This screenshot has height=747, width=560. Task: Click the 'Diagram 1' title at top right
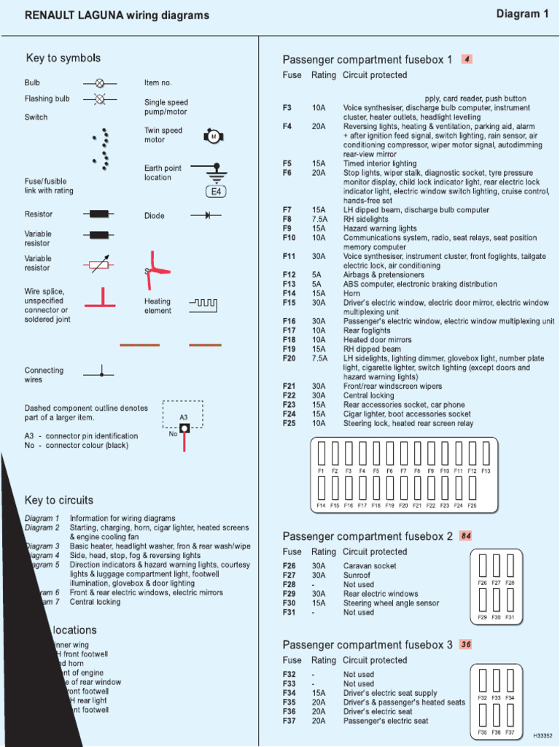tap(522, 14)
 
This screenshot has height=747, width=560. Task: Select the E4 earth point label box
tap(217, 192)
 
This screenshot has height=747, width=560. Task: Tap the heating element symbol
tap(203, 302)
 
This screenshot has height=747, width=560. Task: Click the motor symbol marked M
tap(214, 136)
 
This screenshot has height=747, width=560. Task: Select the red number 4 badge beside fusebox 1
tap(467, 59)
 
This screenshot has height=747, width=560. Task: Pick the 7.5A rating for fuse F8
tap(319, 220)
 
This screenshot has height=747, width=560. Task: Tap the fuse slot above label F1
tap(321, 454)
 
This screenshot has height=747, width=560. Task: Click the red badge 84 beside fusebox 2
tap(466, 536)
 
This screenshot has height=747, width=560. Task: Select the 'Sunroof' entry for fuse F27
tap(358, 576)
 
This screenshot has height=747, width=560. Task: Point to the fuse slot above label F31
tap(510, 600)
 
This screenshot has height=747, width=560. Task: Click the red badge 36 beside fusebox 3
tap(466, 645)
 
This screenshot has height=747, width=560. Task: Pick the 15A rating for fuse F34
tap(319, 693)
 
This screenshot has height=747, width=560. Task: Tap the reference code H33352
tap(543, 736)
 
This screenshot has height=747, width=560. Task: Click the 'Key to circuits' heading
tap(59, 500)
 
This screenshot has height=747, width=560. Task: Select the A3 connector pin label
tap(184, 417)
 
